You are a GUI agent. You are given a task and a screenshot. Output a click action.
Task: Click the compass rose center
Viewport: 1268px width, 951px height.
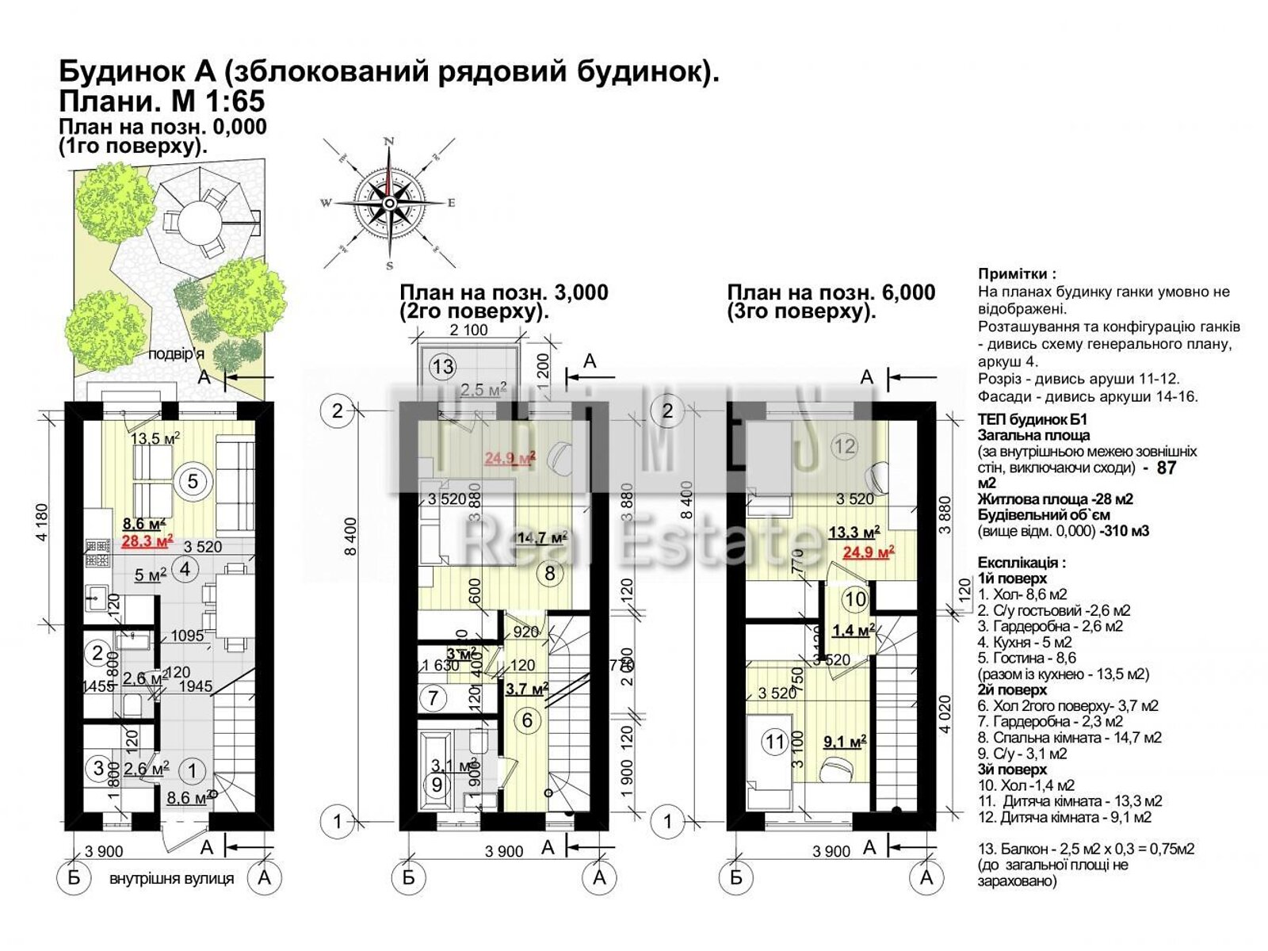(x=389, y=203)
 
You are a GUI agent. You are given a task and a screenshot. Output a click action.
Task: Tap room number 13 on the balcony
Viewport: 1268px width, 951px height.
(x=443, y=366)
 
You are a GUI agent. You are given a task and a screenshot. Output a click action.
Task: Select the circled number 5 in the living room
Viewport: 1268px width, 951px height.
(x=193, y=480)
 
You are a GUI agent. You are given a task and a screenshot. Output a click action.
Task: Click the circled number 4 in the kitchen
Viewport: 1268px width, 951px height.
(x=185, y=569)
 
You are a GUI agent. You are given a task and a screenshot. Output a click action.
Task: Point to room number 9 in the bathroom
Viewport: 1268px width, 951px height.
(x=437, y=785)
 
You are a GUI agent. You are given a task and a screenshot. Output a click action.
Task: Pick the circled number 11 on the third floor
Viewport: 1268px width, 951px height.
(x=774, y=743)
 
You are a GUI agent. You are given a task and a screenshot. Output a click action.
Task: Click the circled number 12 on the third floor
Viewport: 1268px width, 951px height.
(x=844, y=446)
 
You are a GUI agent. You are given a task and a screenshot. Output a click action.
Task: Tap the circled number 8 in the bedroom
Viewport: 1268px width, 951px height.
(x=550, y=572)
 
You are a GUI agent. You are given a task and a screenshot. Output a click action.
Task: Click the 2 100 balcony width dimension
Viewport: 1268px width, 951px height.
(x=469, y=330)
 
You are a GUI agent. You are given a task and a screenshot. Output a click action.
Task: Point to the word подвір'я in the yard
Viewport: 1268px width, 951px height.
(x=176, y=354)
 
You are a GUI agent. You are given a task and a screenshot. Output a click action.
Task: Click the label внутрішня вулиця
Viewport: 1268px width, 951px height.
(x=171, y=878)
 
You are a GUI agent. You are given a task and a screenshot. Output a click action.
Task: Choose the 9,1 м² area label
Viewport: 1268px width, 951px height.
(x=844, y=742)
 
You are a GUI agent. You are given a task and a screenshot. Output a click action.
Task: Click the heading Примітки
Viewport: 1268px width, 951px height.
(x=1017, y=274)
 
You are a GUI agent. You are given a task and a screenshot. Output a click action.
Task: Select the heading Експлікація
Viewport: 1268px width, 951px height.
(x=1021, y=563)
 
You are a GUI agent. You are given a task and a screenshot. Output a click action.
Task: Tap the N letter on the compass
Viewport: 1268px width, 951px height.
(x=389, y=141)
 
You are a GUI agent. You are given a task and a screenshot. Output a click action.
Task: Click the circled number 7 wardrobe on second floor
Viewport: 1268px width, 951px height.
(x=433, y=698)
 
